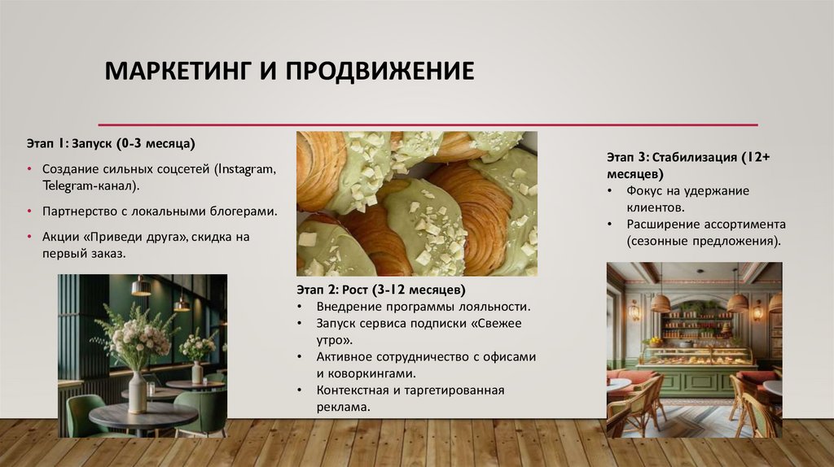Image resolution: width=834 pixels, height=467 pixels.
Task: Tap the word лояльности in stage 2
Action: (494, 307)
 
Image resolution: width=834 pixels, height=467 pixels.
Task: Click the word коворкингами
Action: (371, 373)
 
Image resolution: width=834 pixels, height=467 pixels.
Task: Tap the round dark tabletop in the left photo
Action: (131, 415)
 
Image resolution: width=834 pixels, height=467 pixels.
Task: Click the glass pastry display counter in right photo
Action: (696, 356)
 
